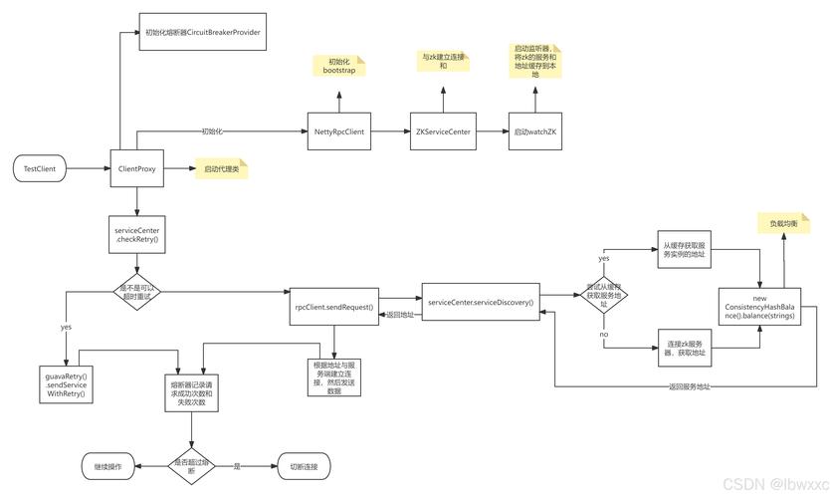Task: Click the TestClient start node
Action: pyautogui.click(x=40, y=169)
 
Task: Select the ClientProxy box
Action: pyautogui.click(x=136, y=169)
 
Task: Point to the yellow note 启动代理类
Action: pyautogui.click(x=221, y=169)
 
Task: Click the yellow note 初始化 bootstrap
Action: pyautogui.click(x=338, y=67)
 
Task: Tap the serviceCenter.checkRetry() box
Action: pyautogui.click(x=136, y=235)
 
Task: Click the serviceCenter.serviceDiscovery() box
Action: pyautogui.click(x=480, y=302)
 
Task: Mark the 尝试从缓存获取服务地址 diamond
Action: pyautogui.click(x=605, y=296)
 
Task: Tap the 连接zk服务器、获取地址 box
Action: pyautogui.click(x=686, y=349)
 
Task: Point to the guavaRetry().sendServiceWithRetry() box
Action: pyautogui.click(x=66, y=385)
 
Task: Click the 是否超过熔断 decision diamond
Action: pyautogui.click(x=191, y=463)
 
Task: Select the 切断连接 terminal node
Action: pyautogui.click(x=302, y=465)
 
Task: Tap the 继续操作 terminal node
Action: pyautogui.click(x=107, y=465)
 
